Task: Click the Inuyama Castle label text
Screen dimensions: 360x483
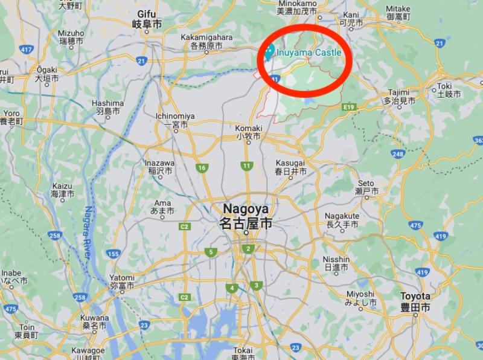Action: (x=309, y=53)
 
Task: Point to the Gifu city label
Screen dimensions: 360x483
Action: (x=147, y=19)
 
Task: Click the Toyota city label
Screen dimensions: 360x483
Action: (x=416, y=301)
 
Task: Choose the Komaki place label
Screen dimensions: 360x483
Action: (x=249, y=132)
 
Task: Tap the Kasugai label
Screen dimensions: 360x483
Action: (x=292, y=167)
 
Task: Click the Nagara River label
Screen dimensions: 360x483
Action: (x=88, y=233)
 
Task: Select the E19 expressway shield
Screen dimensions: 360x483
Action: (x=348, y=107)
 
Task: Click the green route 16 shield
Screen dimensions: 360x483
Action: (x=202, y=167)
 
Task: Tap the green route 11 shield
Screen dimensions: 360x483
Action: (x=246, y=166)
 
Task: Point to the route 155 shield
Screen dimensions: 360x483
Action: (x=113, y=254)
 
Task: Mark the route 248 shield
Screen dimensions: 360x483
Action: (x=397, y=153)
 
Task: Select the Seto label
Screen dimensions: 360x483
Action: (x=366, y=187)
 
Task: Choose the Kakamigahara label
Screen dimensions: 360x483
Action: (x=206, y=41)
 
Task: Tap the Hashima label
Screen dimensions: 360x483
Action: (x=108, y=107)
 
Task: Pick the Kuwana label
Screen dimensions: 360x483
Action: (x=95, y=321)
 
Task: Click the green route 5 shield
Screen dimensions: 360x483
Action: (x=210, y=252)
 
